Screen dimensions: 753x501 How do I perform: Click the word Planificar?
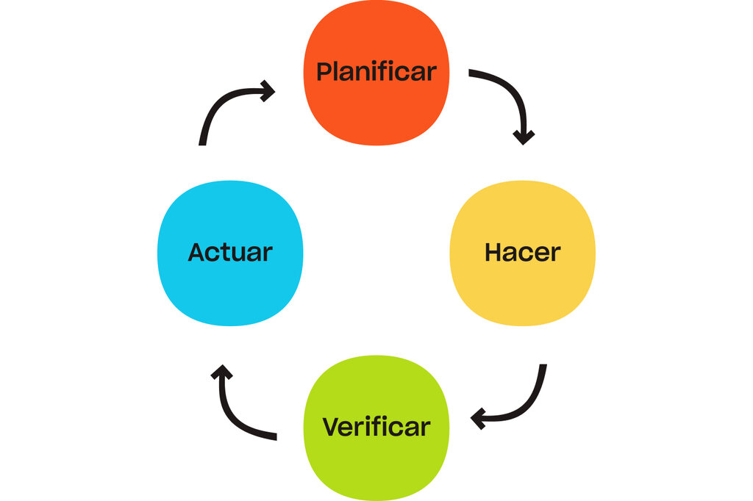376,72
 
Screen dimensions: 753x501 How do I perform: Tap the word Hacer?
523,253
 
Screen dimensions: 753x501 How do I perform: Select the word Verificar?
376,427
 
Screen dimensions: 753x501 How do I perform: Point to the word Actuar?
230,253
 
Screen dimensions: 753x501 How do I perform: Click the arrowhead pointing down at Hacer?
524,137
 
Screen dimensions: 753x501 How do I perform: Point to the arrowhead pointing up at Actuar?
222,372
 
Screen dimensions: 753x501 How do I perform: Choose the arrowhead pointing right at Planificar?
268,90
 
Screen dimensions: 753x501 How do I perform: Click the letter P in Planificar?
324,72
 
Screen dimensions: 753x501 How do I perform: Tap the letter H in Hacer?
493,253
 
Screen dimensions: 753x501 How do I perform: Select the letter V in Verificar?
332,427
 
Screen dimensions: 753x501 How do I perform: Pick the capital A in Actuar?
197,253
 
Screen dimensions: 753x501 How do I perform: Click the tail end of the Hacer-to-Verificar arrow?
543,365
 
